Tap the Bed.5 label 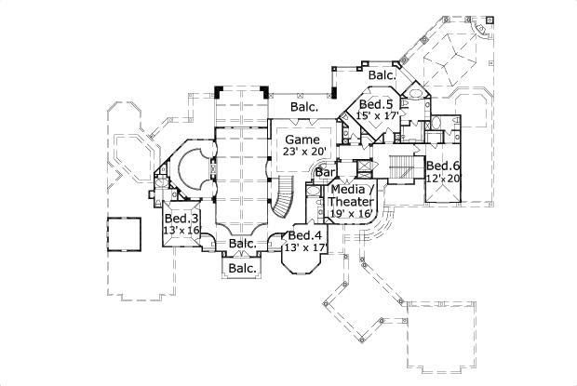376,104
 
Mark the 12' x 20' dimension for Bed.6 444,178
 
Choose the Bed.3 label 181,218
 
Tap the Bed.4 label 310,236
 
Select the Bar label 325,172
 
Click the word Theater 354,202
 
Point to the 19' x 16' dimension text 353,214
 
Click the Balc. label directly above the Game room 304,107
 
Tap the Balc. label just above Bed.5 381,74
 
